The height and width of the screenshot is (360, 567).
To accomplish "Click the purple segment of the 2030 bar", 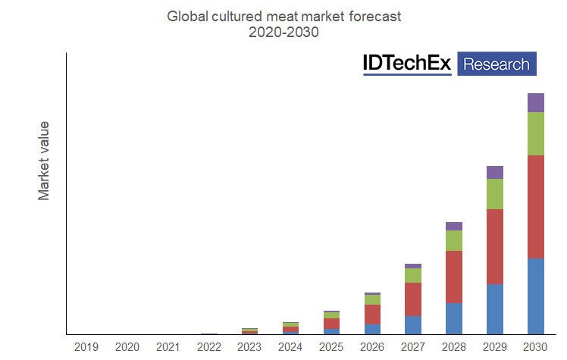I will click(536, 102).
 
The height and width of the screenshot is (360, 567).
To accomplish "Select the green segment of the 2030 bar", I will click(536, 133).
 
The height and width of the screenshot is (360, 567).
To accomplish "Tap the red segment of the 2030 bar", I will click(536, 206).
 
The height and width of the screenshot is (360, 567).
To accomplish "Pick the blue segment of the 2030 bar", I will click(536, 296).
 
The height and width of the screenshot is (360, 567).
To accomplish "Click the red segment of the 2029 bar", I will click(495, 246).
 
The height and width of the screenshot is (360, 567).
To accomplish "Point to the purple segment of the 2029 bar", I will click(495, 172).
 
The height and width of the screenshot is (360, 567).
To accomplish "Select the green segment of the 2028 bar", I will click(454, 240).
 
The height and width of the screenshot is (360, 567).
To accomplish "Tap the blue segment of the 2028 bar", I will click(454, 318).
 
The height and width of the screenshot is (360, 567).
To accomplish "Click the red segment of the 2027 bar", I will click(413, 299).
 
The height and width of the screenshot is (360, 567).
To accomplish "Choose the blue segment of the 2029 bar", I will click(495, 308).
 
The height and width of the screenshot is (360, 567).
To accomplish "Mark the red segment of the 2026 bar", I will click(372, 314).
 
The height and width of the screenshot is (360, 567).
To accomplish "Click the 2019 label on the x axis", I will click(86, 347).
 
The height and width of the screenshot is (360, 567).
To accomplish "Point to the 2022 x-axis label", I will click(208, 347).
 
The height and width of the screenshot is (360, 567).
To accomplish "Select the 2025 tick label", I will click(331, 347).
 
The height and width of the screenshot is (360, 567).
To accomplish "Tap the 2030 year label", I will click(536, 347).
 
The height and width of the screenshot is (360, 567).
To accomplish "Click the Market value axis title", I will click(44, 160).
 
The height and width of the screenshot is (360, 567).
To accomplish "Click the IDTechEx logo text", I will click(407, 64).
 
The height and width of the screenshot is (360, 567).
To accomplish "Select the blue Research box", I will click(497, 64).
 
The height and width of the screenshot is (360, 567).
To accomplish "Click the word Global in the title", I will click(186, 15).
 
